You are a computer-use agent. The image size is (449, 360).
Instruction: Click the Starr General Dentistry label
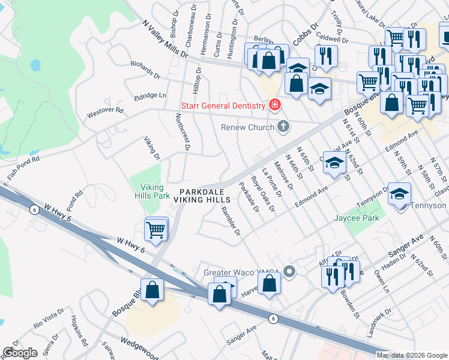pos(223,106)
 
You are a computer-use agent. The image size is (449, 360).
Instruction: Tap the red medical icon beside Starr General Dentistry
pos(275,106)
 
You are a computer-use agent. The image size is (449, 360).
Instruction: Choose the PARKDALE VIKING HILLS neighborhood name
pos(204,195)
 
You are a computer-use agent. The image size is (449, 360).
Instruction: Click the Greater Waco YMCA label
pos(242,272)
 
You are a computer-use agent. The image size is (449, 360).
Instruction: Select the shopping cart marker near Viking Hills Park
pos(156,229)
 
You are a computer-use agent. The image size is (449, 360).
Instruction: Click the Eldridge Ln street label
pos(150,95)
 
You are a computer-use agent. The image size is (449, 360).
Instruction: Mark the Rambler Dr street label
pos(231,220)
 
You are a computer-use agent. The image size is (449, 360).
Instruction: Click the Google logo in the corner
pos(20,353)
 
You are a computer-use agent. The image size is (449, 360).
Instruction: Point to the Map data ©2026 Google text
pos(412,355)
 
